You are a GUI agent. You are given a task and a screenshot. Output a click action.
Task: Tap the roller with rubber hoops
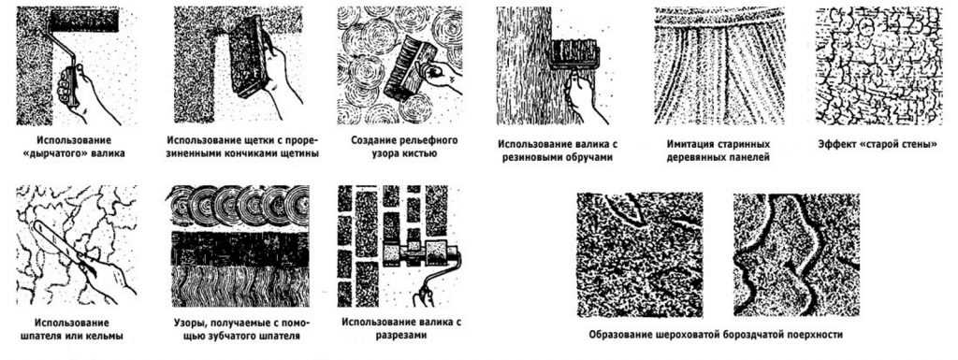(x=573, y=53)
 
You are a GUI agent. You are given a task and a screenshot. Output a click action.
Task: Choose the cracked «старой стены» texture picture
(x=878, y=65)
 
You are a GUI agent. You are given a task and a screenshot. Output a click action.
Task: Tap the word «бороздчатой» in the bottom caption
(x=757, y=335)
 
